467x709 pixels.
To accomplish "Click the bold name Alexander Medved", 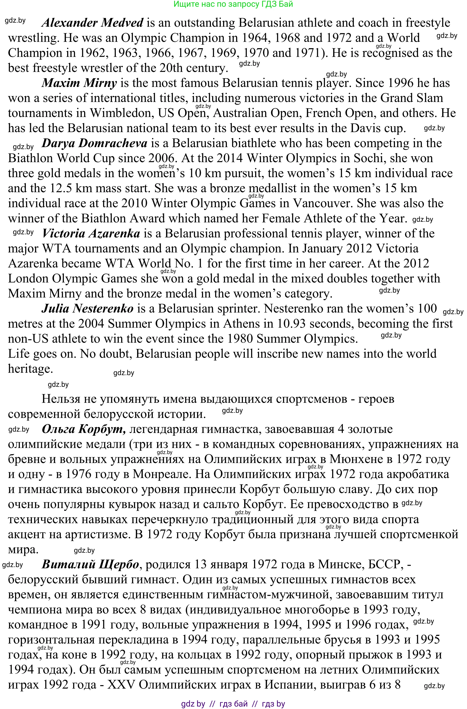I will click(x=92, y=23).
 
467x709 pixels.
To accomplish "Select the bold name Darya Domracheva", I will click(x=94, y=143).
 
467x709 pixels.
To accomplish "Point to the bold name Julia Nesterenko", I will click(x=87, y=309).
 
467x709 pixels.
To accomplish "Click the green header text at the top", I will click(x=233, y=4).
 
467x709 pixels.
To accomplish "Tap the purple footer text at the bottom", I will click(x=233, y=704).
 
